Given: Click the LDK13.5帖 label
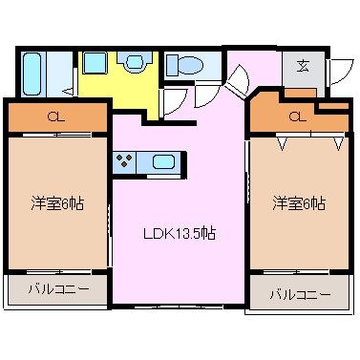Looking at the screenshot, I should point(179,233).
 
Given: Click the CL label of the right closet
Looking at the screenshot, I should point(296,117).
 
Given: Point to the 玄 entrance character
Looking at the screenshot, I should point(302,66).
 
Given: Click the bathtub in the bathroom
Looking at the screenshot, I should point(31,71).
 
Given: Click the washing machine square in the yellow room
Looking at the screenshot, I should point(95,63).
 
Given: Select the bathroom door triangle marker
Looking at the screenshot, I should point(69,90).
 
